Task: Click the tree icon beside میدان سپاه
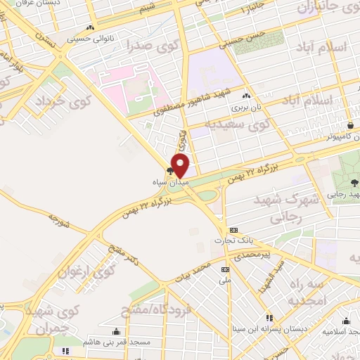coord(169,170)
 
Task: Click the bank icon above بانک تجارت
coord(233,230)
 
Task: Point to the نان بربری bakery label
coord(246,109)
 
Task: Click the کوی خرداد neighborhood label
coord(63,103)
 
